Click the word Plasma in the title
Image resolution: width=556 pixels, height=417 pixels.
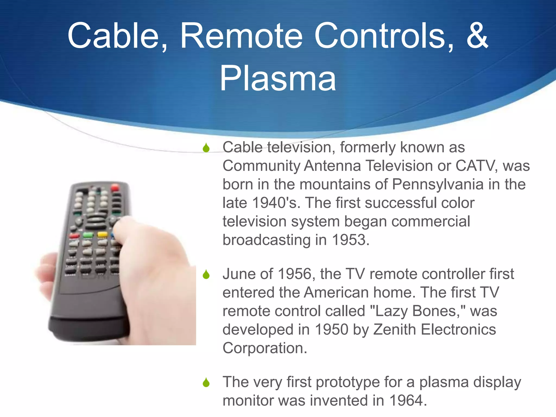[x=278, y=79]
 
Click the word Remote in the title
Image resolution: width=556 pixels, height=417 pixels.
[x=241, y=36]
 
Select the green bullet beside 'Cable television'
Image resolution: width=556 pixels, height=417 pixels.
[x=206, y=148]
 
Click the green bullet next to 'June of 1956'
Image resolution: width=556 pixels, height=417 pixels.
[x=206, y=274]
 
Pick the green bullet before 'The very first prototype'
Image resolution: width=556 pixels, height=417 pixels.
[x=206, y=383]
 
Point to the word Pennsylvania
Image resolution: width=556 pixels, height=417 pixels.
[x=438, y=185]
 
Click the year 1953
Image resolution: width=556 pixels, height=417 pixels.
[x=350, y=240]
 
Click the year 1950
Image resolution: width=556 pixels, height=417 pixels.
[x=331, y=330]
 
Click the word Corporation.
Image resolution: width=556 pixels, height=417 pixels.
[x=265, y=348]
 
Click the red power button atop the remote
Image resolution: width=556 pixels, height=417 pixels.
[x=115, y=187]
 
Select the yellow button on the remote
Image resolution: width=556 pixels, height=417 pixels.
[x=102, y=234]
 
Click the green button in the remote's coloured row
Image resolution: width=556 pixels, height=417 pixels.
[x=88, y=235]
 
